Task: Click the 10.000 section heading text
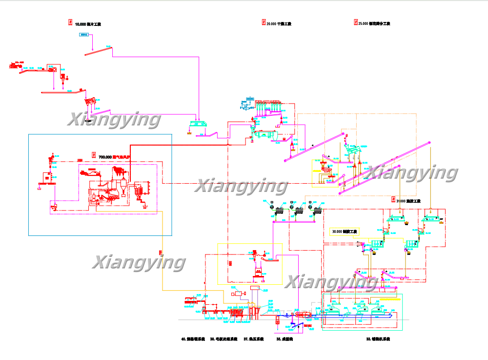coord(88,24)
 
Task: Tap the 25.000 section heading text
coord(374,23)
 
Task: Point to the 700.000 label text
coord(115,157)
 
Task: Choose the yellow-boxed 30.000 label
coord(345,232)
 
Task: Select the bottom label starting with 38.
coord(224,339)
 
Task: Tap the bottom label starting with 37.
coord(253,339)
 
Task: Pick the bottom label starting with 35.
coord(285,339)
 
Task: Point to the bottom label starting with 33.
coord(378,339)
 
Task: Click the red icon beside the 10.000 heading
coord(71,23)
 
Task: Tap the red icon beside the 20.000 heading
coord(264,23)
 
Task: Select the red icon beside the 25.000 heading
coord(355,23)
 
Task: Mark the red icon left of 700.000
coord(94,156)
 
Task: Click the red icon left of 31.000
coord(393,200)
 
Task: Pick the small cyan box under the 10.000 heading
coord(85,35)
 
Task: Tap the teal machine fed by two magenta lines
coord(199,123)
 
